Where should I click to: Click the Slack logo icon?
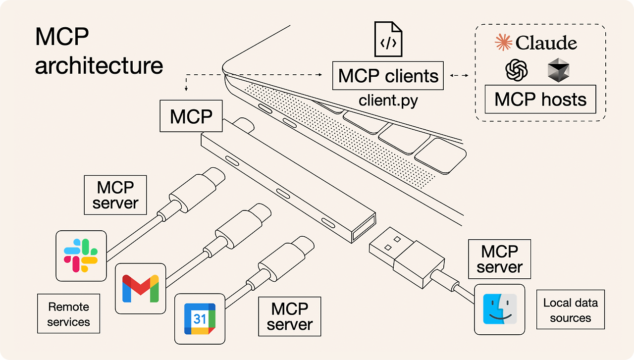click(81, 256)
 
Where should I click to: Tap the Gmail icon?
click(140, 288)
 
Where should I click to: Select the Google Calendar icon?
click(200, 318)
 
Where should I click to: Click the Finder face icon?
click(499, 309)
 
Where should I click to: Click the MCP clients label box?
click(388, 76)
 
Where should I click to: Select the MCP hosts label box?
click(540, 99)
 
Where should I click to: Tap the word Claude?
click(546, 43)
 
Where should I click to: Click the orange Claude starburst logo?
click(504, 43)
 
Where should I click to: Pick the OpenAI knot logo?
click(517, 70)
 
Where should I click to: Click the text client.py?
click(388, 101)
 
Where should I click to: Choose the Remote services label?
click(68, 314)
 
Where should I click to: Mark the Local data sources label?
click(571, 310)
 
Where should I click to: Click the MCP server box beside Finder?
click(500, 259)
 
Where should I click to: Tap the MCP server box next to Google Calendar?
click(290, 316)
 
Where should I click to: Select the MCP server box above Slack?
click(115, 195)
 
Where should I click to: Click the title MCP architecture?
click(99, 51)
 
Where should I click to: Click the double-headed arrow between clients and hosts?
click(460, 76)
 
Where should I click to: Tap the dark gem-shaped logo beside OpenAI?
click(558, 70)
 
